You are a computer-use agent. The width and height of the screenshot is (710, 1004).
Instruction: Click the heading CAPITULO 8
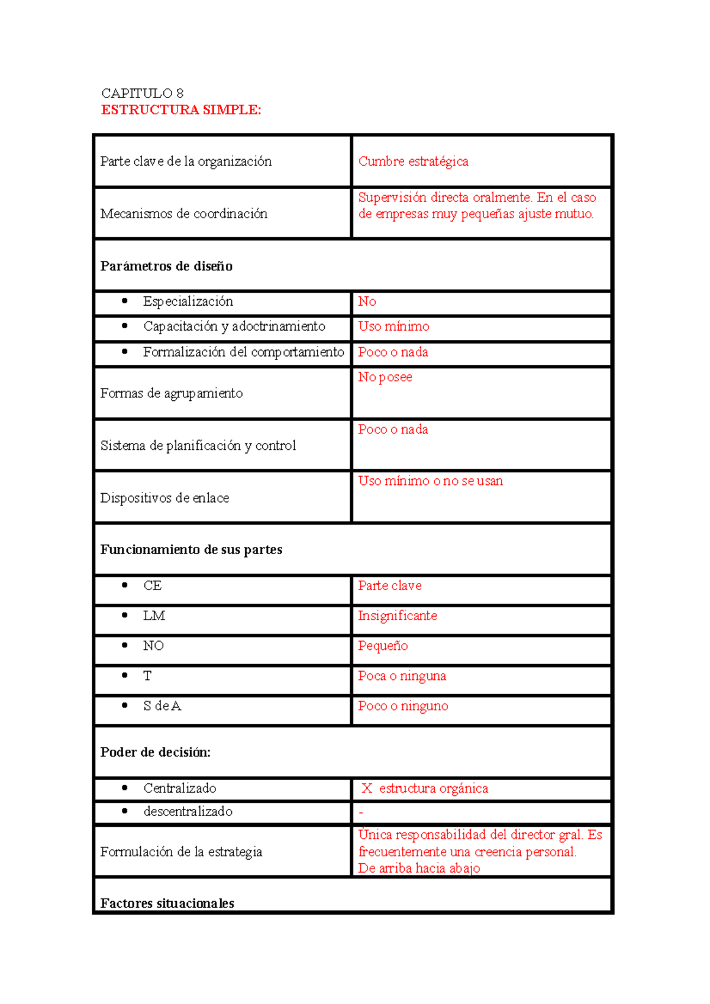coord(142,93)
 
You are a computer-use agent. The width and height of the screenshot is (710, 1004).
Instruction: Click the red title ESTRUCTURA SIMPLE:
coord(181,110)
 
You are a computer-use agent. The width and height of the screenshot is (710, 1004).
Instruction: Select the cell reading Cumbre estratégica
coord(413,161)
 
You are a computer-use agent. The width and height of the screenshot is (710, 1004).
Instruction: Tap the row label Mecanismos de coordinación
coord(183,213)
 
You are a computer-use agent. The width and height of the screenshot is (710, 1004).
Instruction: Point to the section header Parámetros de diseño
coord(166,266)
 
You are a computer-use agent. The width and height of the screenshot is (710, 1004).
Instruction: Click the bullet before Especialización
coord(125,301)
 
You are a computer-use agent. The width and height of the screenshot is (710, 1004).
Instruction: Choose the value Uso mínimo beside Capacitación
coord(393,326)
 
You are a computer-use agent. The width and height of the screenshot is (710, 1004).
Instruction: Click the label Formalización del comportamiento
coord(243,352)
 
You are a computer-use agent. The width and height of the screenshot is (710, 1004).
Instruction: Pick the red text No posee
coord(385,377)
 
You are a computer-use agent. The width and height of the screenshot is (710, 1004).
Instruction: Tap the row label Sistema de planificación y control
coord(198,446)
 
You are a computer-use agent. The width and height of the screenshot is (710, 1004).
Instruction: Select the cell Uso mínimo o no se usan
coord(430,481)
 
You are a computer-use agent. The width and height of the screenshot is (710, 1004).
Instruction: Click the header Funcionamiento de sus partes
coord(191,550)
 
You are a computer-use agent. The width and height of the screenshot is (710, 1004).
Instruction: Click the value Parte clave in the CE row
coord(389,586)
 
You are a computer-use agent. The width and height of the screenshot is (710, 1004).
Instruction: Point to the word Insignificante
coord(397,616)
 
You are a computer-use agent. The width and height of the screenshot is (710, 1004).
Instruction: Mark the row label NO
coord(153,646)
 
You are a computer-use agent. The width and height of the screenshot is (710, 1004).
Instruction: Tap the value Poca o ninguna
coord(402,676)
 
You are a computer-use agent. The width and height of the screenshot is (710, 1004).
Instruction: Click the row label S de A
coord(162,706)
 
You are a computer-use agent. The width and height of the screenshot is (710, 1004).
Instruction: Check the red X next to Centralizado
coord(367,788)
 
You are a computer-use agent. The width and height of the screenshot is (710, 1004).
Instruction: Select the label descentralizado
coord(188,812)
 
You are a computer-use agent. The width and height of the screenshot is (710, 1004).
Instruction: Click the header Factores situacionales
coord(167,903)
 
